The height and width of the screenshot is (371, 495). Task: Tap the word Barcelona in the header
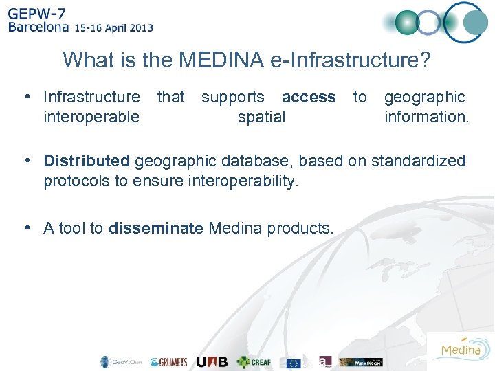click(x=38, y=28)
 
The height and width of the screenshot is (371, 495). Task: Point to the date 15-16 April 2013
click(x=114, y=29)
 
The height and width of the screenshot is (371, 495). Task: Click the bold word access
click(x=309, y=98)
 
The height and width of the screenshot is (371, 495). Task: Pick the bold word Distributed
click(x=87, y=161)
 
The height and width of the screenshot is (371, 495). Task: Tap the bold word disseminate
click(x=156, y=228)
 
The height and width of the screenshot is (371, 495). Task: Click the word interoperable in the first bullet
click(x=91, y=117)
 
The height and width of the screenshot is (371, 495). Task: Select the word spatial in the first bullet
click(x=261, y=117)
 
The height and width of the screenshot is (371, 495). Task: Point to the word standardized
click(x=418, y=161)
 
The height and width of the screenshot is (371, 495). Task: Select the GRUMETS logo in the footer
click(x=168, y=362)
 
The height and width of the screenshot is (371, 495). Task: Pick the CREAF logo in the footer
click(x=254, y=362)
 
